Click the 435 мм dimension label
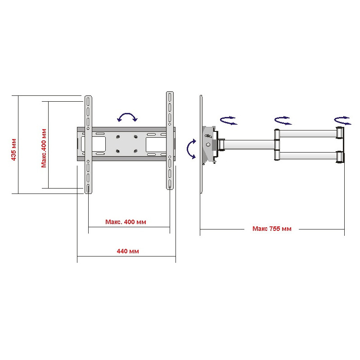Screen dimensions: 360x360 pos(14,149)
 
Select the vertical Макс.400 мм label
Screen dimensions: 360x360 pos(44,148)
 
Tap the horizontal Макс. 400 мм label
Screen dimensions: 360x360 pos(126,222)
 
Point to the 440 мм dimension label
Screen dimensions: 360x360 pos(128,251)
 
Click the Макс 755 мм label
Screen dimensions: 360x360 pos(272,229)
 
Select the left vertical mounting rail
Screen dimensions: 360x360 pos(88,144)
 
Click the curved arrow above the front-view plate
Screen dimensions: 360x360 pos(127,117)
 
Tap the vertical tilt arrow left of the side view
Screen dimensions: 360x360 pos(191,149)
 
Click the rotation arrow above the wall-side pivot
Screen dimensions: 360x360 pos(342,120)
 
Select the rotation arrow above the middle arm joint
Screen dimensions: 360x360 pos(283,121)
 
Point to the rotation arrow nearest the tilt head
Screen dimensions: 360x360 pos(228,120)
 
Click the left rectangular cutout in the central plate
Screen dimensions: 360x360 pos(98,143)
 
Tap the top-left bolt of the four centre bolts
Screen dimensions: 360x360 pos(117,136)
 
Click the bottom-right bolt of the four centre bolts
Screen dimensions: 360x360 pos(135,151)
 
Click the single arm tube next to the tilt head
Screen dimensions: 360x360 pos(248,144)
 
